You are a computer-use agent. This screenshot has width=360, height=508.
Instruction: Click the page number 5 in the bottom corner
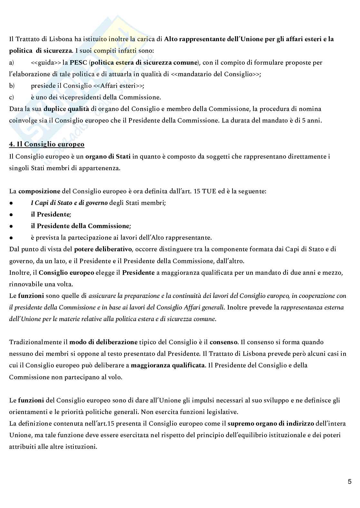pyautogui.click(x=349, y=482)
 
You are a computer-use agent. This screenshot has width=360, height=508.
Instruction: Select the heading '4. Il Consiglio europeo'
pyautogui.click(x=47, y=144)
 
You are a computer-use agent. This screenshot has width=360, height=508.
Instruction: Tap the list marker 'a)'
pyautogui.click(x=11, y=62)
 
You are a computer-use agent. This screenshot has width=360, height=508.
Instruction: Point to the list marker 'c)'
pyautogui.click(x=11, y=97)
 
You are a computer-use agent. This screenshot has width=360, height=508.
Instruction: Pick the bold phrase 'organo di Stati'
pyautogui.click(x=108, y=157)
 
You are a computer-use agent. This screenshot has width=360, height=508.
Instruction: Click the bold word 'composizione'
pyautogui.click(x=39, y=191)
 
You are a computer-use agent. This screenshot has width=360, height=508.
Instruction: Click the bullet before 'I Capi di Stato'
pyautogui.click(x=11, y=203)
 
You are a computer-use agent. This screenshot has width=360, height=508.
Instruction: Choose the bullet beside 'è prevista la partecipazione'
pyautogui.click(x=11, y=238)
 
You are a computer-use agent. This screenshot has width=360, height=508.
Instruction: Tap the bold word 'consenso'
pyautogui.click(x=224, y=342)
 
